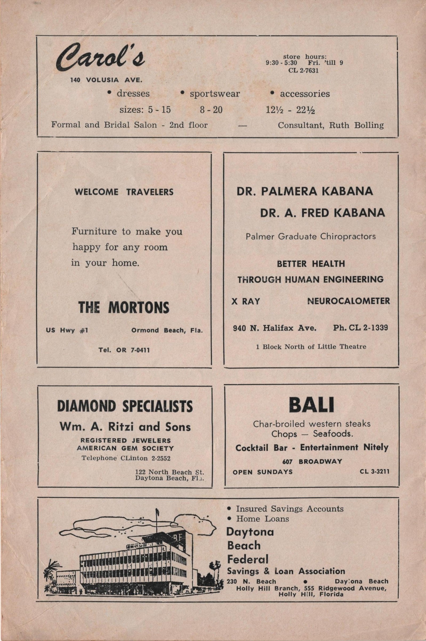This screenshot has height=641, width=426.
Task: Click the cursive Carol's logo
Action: click(x=101, y=57)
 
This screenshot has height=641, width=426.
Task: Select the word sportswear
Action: click(x=214, y=94)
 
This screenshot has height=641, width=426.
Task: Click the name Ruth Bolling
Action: click(x=357, y=125)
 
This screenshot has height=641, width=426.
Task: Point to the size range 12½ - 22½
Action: click(x=290, y=110)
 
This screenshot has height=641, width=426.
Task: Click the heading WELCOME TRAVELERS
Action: click(x=124, y=192)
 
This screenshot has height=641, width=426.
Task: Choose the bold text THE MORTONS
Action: click(x=124, y=308)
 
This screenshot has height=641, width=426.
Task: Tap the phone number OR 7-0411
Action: click(x=133, y=350)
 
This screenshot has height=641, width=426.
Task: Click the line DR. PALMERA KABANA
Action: click(x=305, y=191)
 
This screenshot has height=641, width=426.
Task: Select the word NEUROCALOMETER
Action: click(x=349, y=301)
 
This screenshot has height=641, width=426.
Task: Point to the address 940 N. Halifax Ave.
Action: click(x=275, y=328)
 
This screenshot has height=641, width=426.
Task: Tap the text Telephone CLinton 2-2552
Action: click(x=126, y=458)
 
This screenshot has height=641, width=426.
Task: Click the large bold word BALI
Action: click(x=311, y=405)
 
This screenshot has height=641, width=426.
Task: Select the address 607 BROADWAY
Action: click(x=312, y=461)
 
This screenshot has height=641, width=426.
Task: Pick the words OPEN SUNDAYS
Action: click(x=263, y=472)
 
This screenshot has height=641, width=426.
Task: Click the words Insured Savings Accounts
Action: click(x=289, y=509)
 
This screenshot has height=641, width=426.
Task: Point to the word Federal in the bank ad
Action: click(x=248, y=559)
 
